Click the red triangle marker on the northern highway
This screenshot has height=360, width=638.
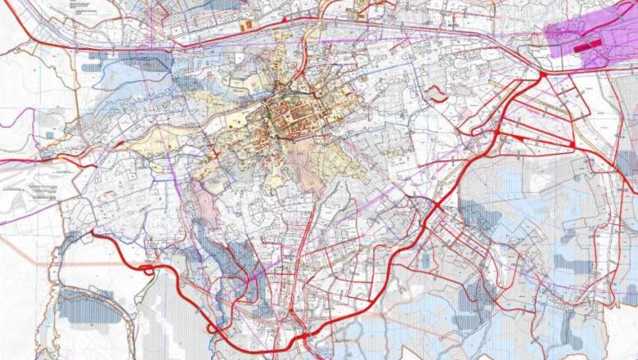click(284, 18)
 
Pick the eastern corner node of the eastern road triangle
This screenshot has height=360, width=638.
click(573, 145)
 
